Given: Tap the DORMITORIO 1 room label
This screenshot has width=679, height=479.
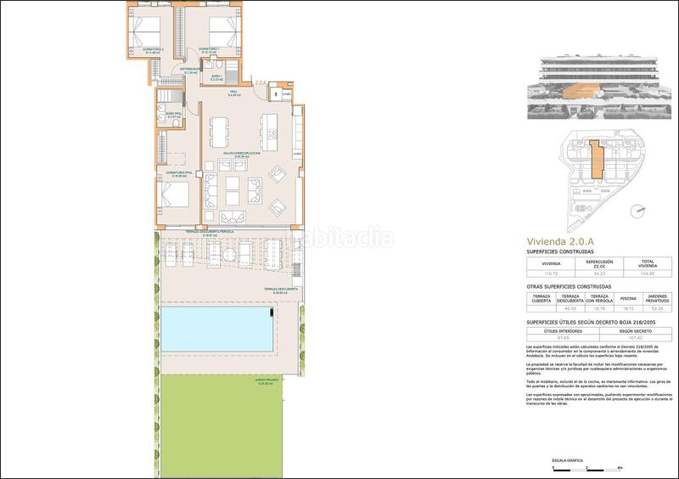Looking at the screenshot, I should point(210,49).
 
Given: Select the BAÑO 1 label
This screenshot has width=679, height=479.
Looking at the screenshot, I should point(216,78).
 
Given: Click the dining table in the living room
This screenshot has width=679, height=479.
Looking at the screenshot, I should point(220,132).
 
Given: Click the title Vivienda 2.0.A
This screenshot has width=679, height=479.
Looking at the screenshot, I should point(558,242).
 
